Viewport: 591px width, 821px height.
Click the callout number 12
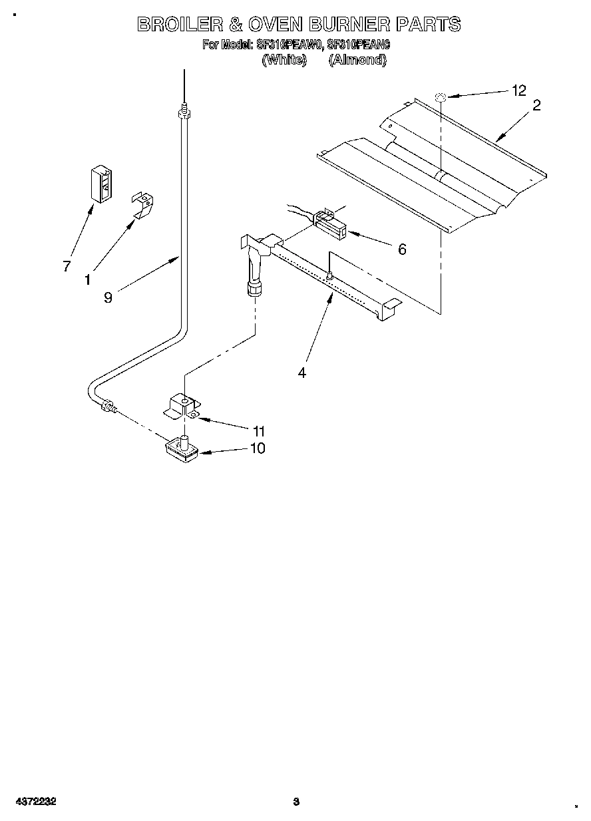(x=518, y=91)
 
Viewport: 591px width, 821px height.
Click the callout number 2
(x=536, y=104)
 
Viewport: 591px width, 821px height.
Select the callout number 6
(x=401, y=249)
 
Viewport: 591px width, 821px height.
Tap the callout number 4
(x=301, y=373)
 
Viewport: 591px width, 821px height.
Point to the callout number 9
(x=108, y=297)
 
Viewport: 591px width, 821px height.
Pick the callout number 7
(x=67, y=266)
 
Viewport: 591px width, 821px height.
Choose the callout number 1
(x=87, y=281)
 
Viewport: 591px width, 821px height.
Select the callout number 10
(x=257, y=448)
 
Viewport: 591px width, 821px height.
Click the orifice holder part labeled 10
(x=181, y=450)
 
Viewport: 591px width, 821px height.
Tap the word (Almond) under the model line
(x=357, y=60)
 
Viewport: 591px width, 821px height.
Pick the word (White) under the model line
(x=284, y=60)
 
